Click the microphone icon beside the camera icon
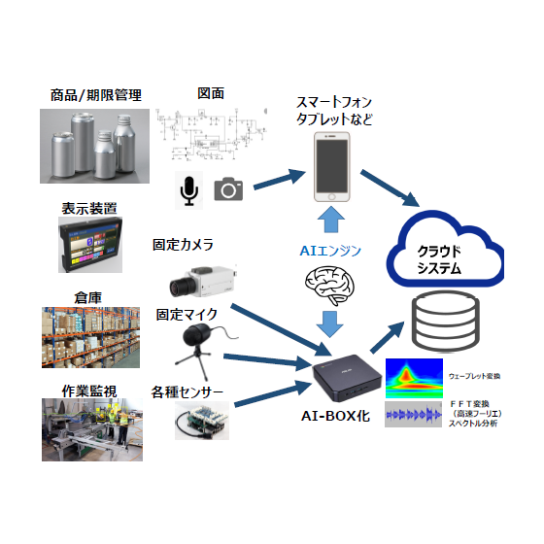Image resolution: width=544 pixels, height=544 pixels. click(x=188, y=190)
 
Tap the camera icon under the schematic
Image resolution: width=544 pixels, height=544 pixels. click(x=228, y=189)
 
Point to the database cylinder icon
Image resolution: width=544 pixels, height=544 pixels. click(x=445, y=322)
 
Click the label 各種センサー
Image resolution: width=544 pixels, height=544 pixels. click(x=187, y=392)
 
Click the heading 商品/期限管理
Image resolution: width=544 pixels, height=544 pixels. click(x=95, y=95)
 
